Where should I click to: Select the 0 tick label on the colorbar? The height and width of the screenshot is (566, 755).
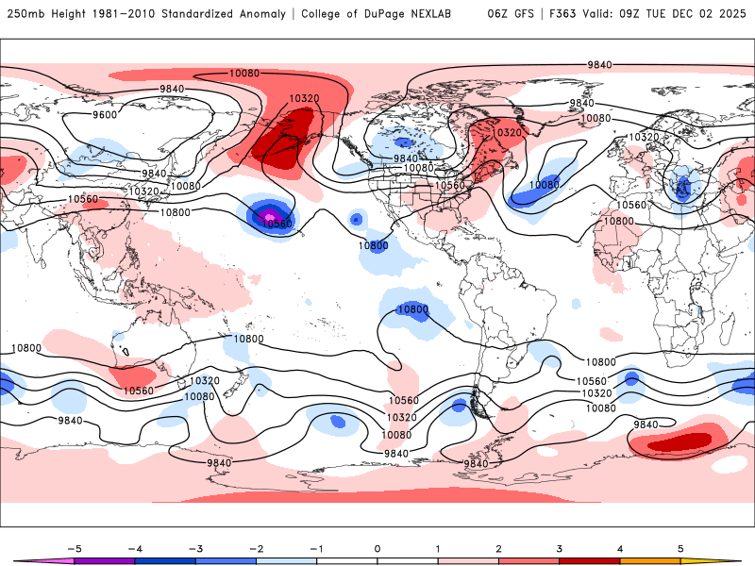pyautogui.click(x=377, y=547)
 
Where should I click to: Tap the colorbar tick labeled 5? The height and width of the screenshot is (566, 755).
pyautogui.click(x=680, y=547)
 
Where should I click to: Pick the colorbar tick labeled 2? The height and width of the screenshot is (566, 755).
pyautogui.click(x=498, y=547)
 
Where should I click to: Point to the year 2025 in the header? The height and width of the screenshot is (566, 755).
pyautogui.click(x=731, y=14)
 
